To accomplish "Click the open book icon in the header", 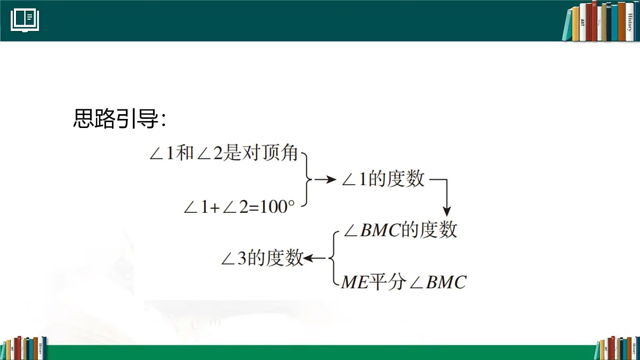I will [25, 20].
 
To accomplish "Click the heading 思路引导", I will [119, 119].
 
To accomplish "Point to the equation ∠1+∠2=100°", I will [239, 206].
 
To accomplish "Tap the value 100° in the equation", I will [277, 206].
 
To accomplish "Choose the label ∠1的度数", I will [383, 180].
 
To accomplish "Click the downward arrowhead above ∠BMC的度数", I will [447, 209].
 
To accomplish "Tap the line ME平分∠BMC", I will [403, 282].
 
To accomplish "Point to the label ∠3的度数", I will [262, 259].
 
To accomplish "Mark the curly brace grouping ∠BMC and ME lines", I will [332, 259].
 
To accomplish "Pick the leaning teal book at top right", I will [566, 25].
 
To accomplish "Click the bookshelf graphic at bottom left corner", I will [24, 348].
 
